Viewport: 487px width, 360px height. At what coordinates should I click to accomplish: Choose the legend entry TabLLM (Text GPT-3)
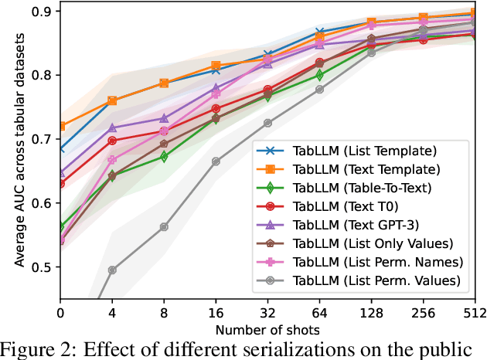[358, 225]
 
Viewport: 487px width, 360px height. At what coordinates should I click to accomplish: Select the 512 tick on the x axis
[473, 314]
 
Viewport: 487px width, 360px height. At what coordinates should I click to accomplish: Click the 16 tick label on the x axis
[216, 314]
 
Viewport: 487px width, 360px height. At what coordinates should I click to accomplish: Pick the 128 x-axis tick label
[370, 314]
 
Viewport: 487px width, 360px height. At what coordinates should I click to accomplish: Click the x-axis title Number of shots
[267, 330]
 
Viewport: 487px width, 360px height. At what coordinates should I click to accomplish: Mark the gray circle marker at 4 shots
[112, 270]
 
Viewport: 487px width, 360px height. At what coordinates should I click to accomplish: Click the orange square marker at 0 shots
[61, 126]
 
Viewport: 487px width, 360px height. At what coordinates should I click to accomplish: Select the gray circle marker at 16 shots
[216, 161]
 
